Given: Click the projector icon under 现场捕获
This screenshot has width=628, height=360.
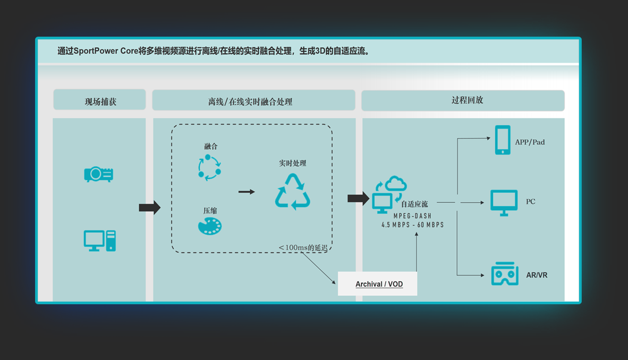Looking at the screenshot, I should (99, 174).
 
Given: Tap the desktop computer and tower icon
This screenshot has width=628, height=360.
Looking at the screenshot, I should (100, 241).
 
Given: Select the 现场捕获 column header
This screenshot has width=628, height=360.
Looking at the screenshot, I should (100, 101).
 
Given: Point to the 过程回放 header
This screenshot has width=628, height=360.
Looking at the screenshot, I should (463, 100).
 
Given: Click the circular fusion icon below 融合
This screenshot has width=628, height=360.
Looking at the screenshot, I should (209, 167).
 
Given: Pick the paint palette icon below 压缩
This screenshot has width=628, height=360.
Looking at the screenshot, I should (209, 226).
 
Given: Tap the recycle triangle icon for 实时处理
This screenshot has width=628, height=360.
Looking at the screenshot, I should (292, 192).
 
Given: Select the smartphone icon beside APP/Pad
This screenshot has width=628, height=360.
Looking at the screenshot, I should (503, 140).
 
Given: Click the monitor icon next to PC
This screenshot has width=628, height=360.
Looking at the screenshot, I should (504, 202).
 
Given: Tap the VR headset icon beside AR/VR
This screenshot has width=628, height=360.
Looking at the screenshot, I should (504, 275).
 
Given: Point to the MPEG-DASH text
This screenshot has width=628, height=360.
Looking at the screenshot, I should (412, 216).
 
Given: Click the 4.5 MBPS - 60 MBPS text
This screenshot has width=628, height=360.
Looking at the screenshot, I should (412, 225).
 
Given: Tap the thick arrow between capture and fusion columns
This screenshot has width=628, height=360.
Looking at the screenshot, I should (149, 207).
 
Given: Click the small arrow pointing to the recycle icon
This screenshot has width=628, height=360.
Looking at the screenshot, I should (247, 192).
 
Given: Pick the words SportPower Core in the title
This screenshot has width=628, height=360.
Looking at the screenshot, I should (109, 52).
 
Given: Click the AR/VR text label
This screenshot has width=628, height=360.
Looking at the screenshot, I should (537, 275).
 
